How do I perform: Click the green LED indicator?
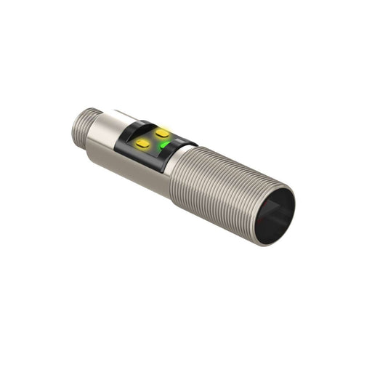coord(166,145)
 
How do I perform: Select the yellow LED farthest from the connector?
coord(161,133)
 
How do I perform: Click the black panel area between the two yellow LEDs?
coord(153,139)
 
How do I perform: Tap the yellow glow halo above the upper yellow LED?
coord(161,127)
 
